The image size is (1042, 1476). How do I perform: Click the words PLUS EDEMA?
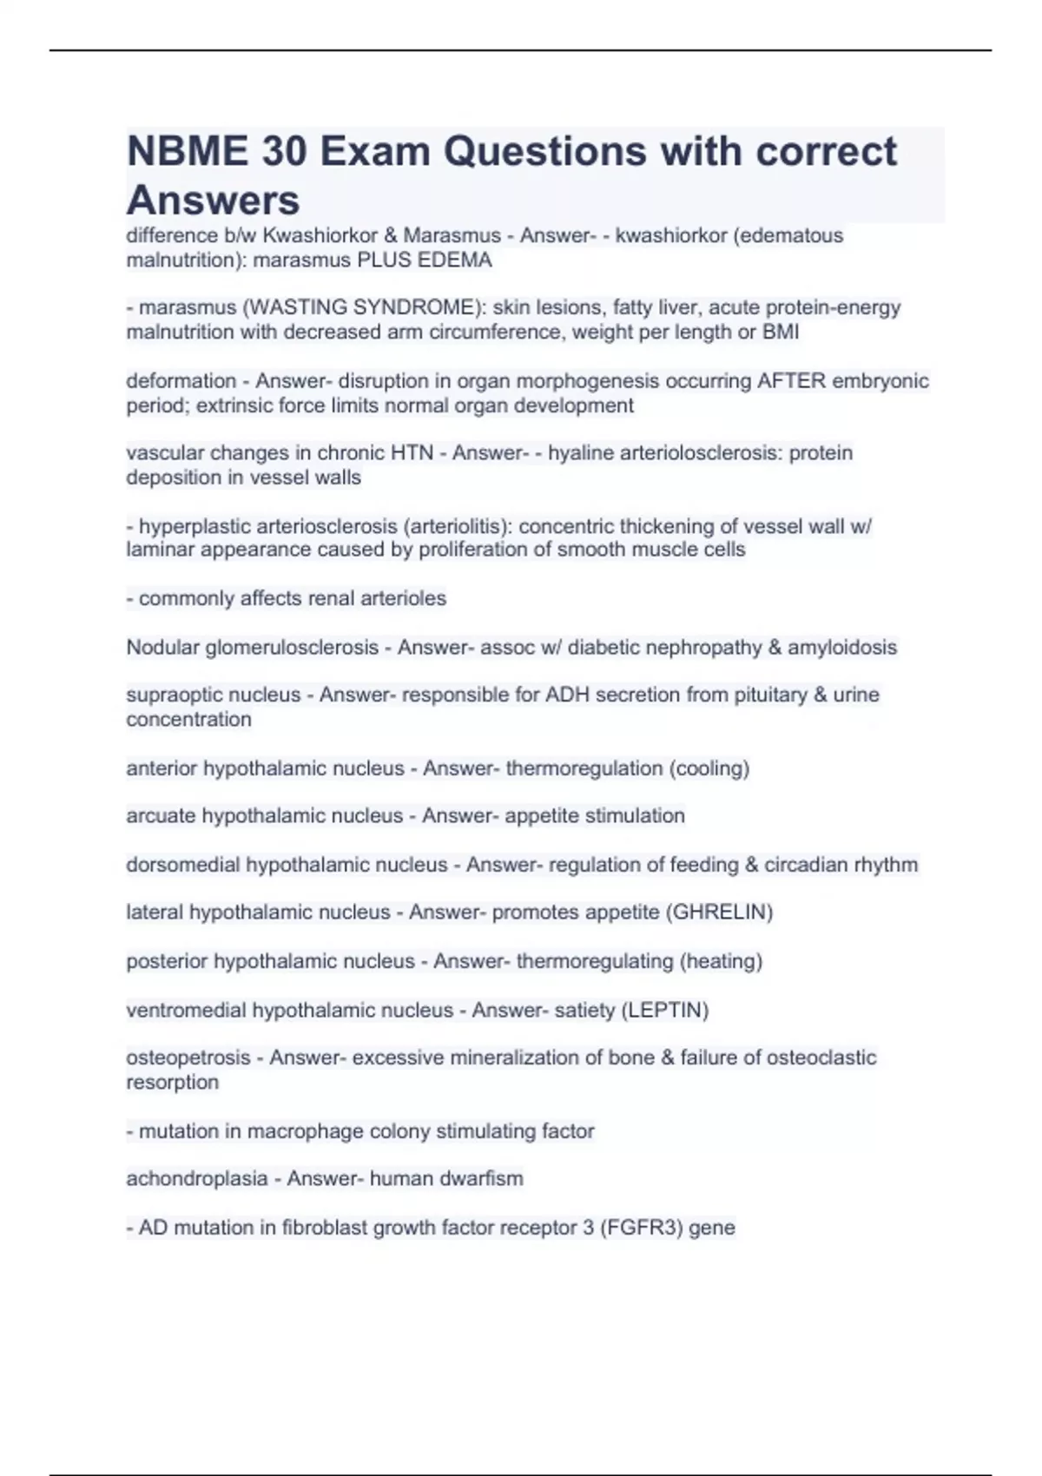click(425, 260)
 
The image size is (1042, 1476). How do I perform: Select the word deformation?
click(181, 381)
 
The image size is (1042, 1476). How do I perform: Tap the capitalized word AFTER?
click(791, 381)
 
